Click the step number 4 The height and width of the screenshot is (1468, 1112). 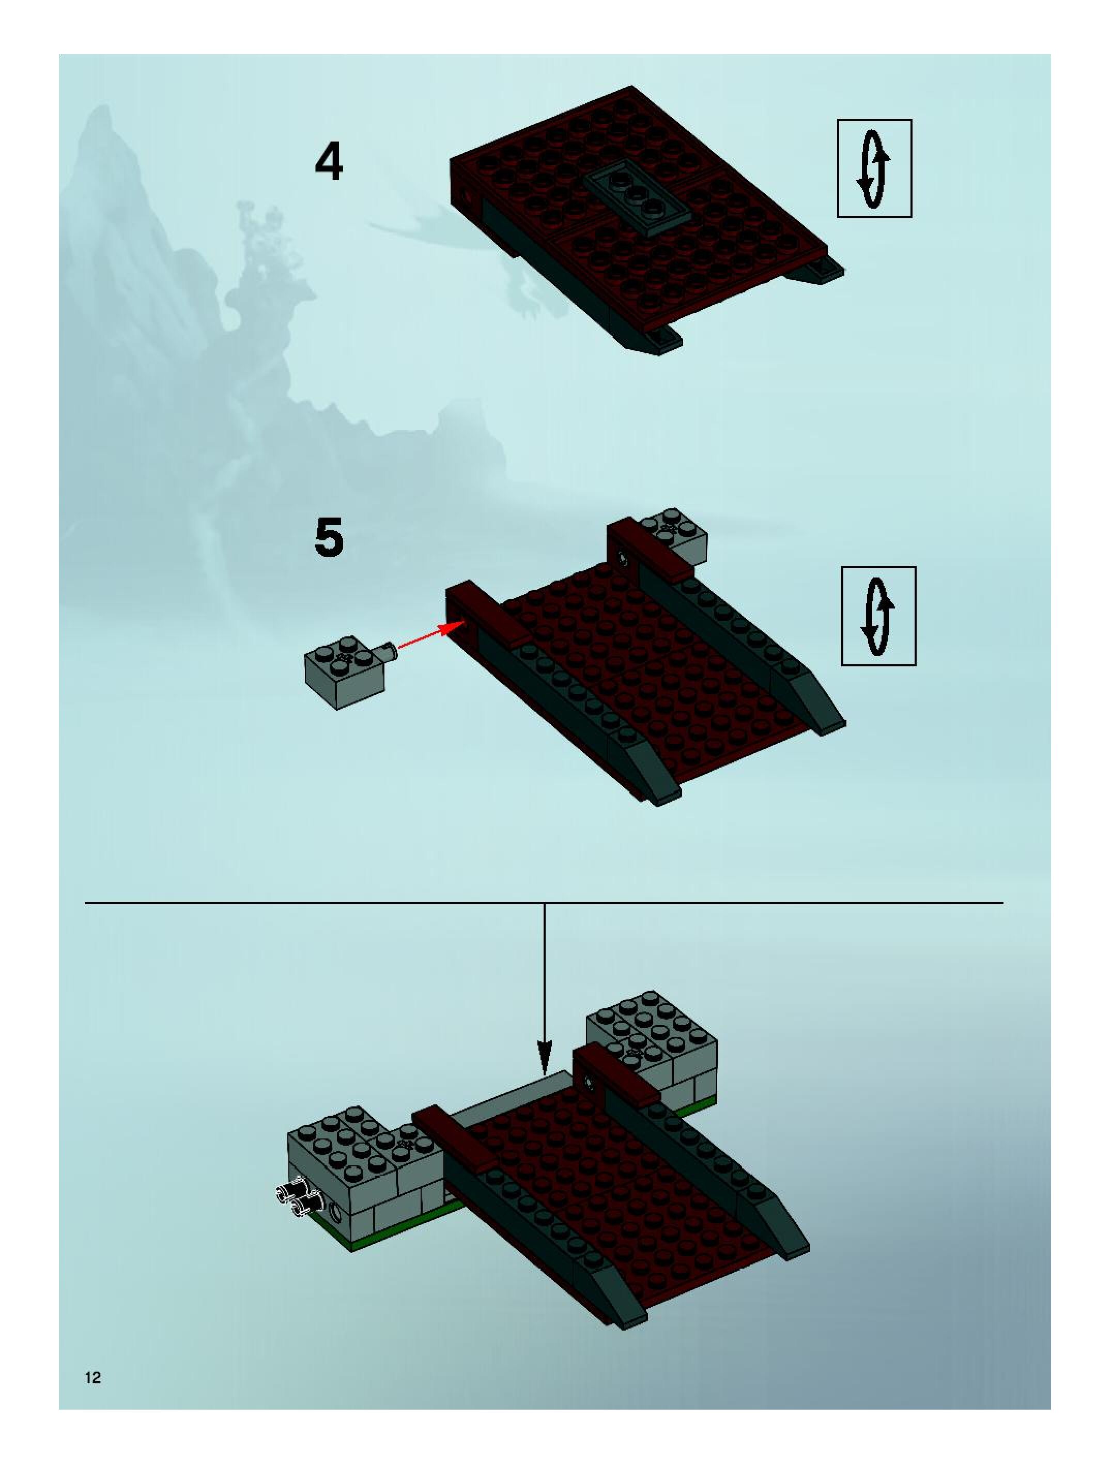329,163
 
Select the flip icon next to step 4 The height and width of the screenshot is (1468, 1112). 874,168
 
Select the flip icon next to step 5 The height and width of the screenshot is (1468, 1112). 878,616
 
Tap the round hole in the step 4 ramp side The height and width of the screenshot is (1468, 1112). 470,197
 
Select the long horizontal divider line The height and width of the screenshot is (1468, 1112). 544,902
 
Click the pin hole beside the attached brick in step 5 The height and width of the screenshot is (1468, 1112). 623,557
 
